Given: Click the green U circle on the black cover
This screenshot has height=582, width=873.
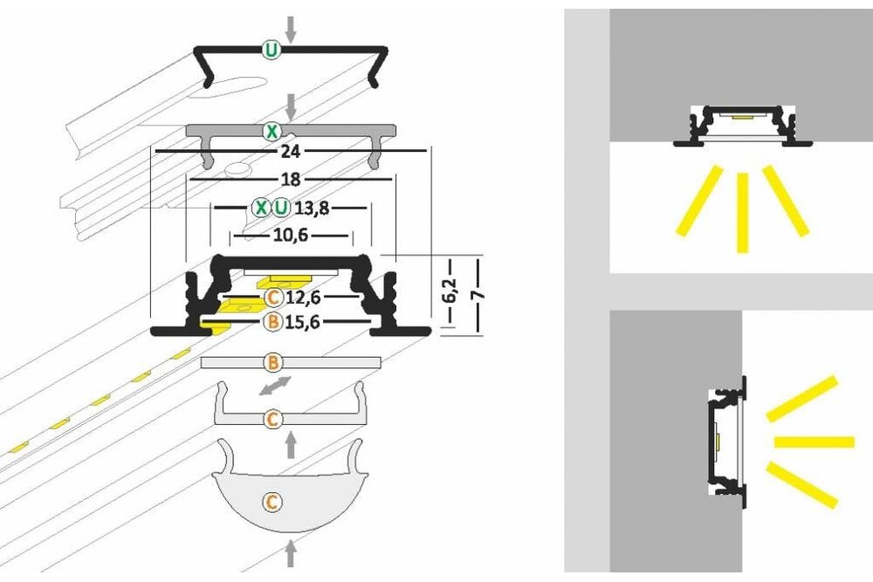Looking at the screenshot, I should coord(272,51).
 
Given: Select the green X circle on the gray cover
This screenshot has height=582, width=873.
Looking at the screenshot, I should coord(272,132).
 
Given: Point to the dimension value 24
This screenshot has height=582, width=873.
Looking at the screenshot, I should coord(291,151).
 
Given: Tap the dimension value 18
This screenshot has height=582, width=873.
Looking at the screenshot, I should coord(291,179).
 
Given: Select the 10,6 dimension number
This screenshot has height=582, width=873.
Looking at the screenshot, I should coord(291,235).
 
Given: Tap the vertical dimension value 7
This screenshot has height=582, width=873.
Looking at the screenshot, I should coord(477,294).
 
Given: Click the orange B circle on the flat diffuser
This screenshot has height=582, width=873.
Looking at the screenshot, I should coord(272,361).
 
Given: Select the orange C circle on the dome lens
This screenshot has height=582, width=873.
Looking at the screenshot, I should coord(272,502).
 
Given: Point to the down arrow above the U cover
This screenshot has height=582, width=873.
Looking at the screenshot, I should coord(291,28).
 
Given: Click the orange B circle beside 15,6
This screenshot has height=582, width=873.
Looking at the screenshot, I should coord(272,322).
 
